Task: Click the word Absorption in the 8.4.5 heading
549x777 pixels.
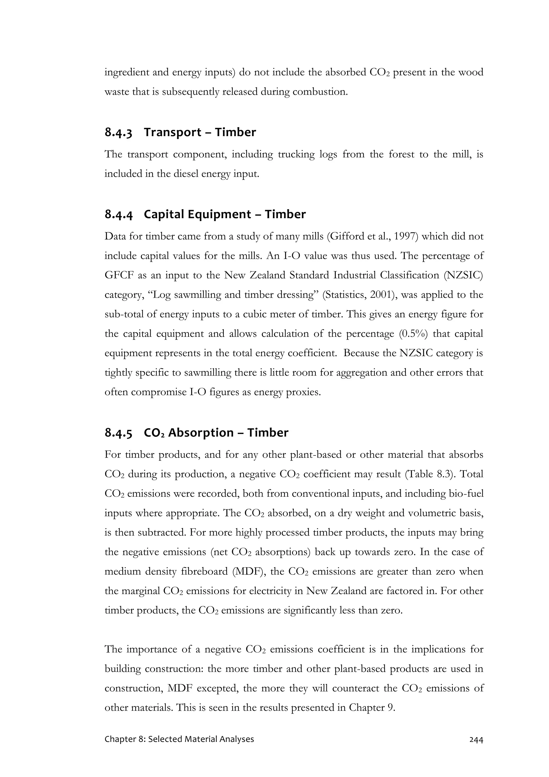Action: coord(201,433)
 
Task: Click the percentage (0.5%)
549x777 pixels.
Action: coord(414,334)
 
